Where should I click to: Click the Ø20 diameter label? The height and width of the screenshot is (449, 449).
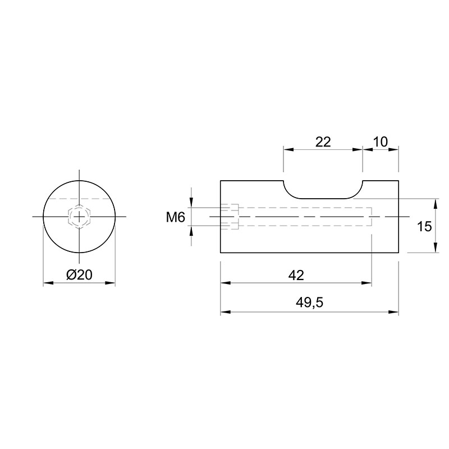point(79,275)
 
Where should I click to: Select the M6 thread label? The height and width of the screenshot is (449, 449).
point(176,218)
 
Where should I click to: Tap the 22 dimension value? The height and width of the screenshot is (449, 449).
point(323,142)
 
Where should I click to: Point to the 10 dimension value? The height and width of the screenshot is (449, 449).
point(381,142)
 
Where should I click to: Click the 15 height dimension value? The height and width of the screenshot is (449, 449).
point(424,227)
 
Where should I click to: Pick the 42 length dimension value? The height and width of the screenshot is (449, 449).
point(296,275)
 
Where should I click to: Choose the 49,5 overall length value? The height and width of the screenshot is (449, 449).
point(309,303)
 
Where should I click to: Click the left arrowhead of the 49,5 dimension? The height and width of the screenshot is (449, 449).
point(225,312)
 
